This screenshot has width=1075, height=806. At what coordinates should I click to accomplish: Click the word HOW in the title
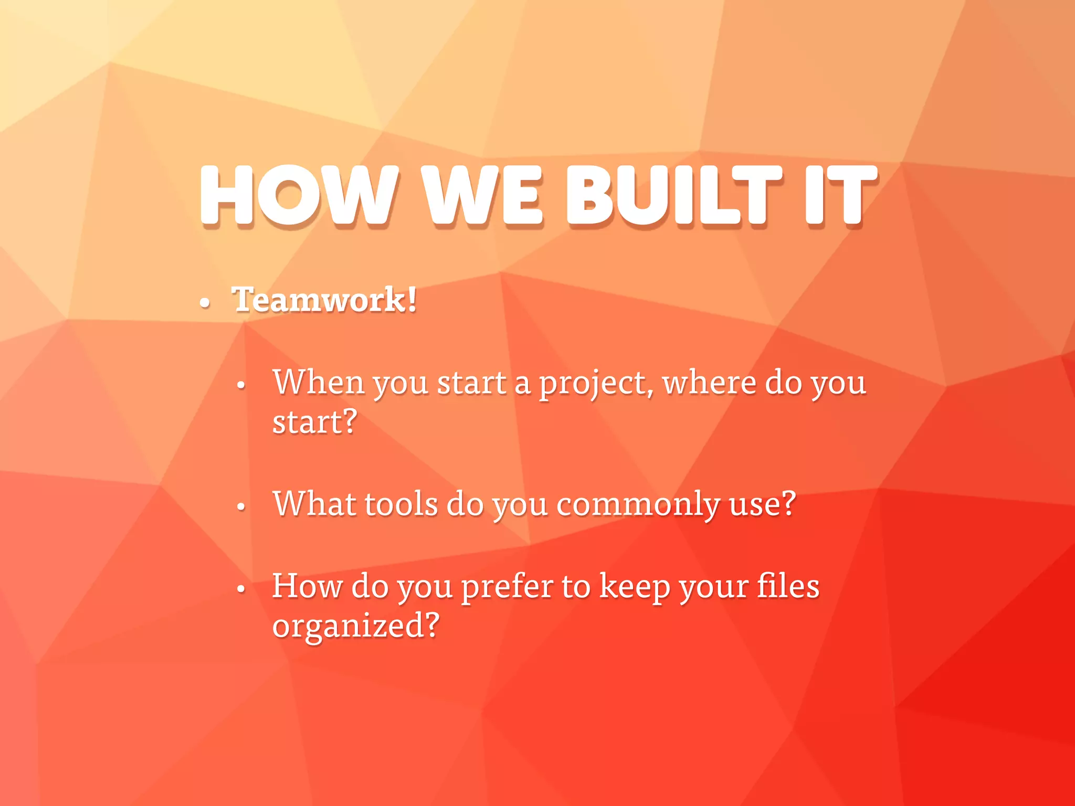(x=298, y=195)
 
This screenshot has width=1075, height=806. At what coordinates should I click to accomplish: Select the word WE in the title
(x=482, y=195)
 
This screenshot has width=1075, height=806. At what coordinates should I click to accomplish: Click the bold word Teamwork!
(x=324, y=300)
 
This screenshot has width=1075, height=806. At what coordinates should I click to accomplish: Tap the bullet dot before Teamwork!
(x=205, y=303)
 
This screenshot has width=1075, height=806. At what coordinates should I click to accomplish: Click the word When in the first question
(x=319, y=382)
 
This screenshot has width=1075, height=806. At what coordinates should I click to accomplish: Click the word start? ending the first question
(x=314, y=422)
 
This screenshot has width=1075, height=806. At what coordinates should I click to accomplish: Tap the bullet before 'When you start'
(x=241, y=386)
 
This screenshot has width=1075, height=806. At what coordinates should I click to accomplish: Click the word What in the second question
(x=314, y=504)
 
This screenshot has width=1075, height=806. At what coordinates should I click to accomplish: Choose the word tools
(x=401, y=504)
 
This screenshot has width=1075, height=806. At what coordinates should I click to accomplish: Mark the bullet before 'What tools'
(x=241, y=507)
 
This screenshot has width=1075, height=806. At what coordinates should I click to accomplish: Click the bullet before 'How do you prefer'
(x=241, y=589)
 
